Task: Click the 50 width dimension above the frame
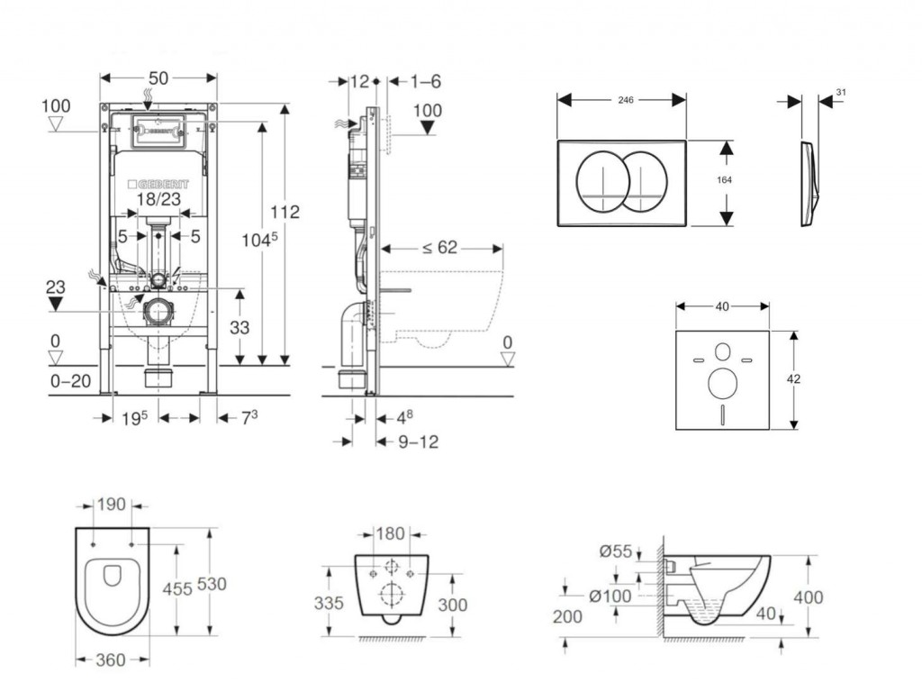tap(158, 78)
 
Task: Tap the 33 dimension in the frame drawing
tap(239, 328)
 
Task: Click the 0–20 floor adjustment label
tap(70, 381)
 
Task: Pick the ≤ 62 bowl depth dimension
tap(439, 248)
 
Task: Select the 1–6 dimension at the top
tap(426, 81)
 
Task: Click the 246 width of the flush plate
tap(625, 100)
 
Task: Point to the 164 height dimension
tap(724, 180)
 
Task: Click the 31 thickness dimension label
tap(841, 92)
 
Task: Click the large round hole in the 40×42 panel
tap(722, 384)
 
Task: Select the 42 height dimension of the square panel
tap(793, 379)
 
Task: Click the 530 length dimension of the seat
tap(212, 584)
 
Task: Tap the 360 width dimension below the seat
tap(110, 660)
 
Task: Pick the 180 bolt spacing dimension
tap(390, 534)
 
